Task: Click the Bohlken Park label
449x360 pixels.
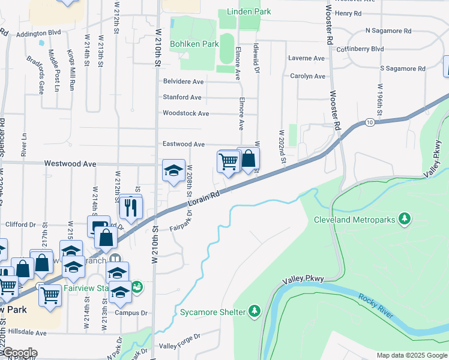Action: point(194,44)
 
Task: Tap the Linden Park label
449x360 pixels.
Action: point(249,12)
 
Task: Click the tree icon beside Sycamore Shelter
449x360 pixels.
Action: point(255,311)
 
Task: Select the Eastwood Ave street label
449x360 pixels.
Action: point(184,145)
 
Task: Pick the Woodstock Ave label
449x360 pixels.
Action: point(185,113)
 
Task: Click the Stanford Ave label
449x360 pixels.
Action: point(182,97)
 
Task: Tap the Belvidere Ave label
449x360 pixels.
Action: point(183,82)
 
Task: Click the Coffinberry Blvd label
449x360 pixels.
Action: point(360,49)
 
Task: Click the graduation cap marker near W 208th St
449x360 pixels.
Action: point(173,170)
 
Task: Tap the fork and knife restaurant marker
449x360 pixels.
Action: point(130,207)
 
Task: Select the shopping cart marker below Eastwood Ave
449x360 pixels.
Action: point(228,162)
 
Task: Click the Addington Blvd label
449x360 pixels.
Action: point(39,33)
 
